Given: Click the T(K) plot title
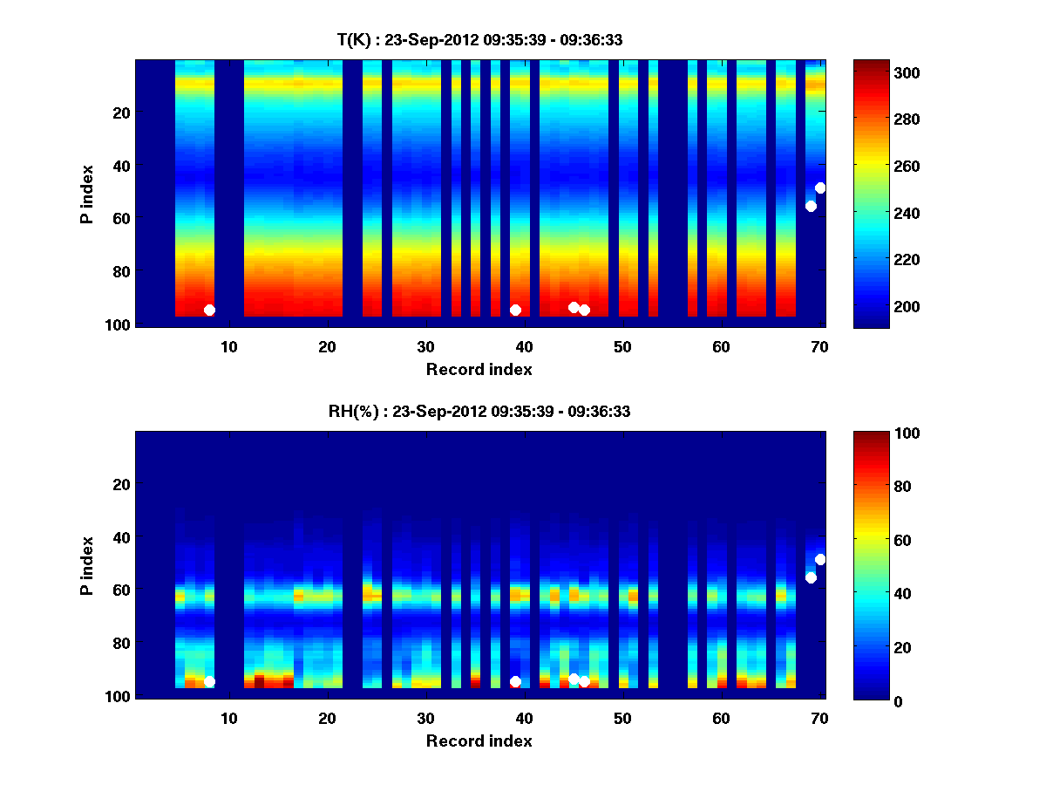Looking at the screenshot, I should [x=479, y=39].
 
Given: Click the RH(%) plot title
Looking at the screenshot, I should [x=479, y=411].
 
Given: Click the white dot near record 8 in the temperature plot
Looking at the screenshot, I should [x=209, y=310].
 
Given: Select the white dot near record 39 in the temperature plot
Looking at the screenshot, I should [x=515, y=310].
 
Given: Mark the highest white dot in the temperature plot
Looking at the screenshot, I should [x=820, y=188].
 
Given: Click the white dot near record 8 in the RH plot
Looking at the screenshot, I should [x=209, y=681].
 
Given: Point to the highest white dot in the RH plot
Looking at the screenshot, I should [x=820, y=559].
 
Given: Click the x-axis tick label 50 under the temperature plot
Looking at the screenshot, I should [x=622, y=346].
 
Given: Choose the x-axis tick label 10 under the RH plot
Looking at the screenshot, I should [x=228, y=718].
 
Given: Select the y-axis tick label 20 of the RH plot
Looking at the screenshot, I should [x=121, y=483].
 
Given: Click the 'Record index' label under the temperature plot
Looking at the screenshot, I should [x=479, y=369].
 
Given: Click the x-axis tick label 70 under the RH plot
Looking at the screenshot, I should [x=819, y=718].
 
